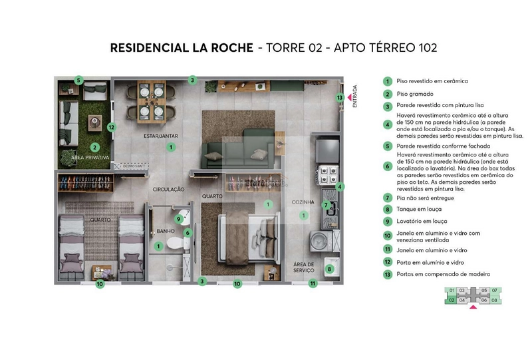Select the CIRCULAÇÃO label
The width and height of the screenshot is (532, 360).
point(168,190)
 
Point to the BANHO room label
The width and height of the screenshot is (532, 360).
point(166,232)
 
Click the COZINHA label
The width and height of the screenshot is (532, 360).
point(303,202)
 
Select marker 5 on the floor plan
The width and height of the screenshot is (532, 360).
point(78,81)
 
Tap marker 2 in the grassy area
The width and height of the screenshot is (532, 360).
point(95,147)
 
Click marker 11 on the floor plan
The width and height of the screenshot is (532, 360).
point(313,283)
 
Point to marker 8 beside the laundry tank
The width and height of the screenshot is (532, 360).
point(329,269)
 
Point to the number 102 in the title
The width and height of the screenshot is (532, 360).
point(423,48)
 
